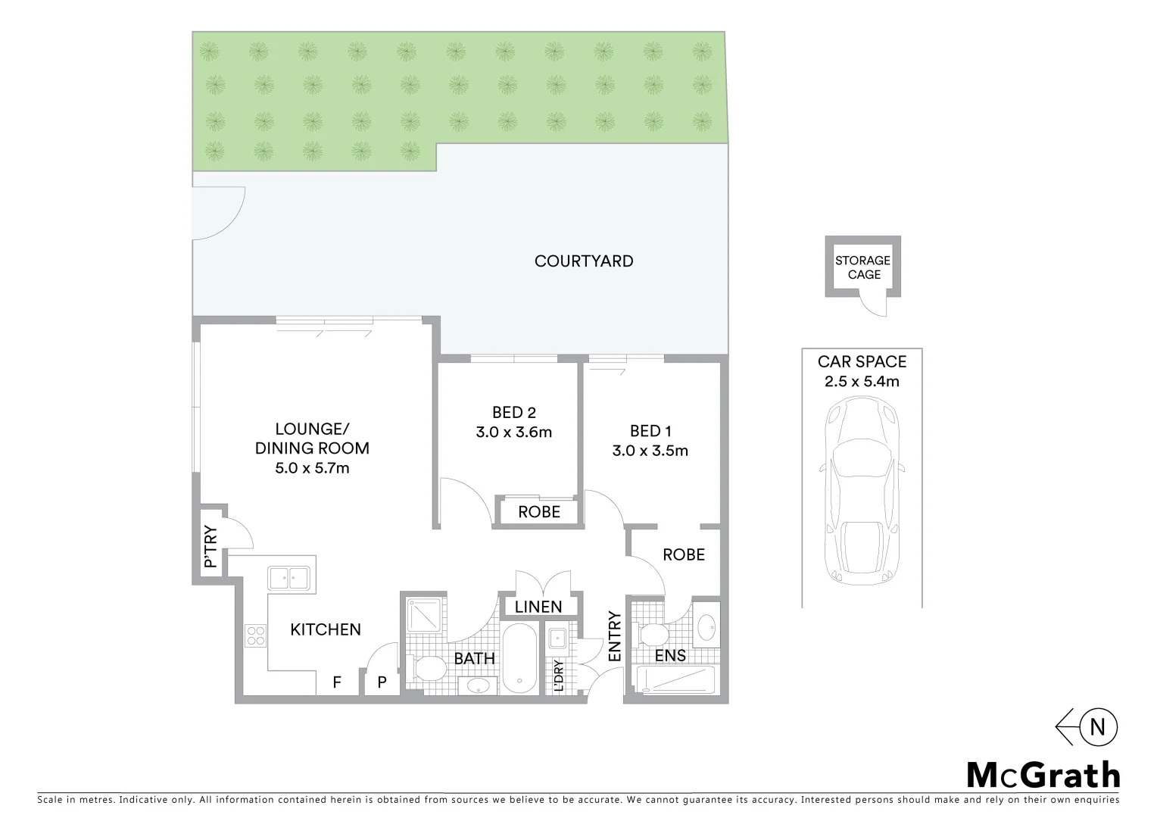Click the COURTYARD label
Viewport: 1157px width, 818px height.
[583, 261]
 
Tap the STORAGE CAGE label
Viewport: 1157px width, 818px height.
[862, 267]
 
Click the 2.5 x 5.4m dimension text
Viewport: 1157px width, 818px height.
[862, 382]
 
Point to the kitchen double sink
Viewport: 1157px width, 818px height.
[288, 579]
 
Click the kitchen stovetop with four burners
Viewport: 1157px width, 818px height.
[255, 635]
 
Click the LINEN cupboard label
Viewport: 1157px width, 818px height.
[538, 607]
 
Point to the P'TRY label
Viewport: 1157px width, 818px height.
[211, 547]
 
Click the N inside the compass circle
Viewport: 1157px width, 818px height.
[1097, 727]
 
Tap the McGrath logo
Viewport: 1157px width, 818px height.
[1043, 775]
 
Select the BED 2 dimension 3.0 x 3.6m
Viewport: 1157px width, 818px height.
[513, 432]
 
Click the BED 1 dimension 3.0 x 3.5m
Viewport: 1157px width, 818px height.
[650, 451]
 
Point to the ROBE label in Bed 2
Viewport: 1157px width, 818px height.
[539, 512]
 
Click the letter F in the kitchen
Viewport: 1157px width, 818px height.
[337, 682]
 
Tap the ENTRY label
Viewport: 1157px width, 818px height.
[614, 636]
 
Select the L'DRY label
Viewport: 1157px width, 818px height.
[558, 676]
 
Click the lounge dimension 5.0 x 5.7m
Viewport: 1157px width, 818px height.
[312, 468]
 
